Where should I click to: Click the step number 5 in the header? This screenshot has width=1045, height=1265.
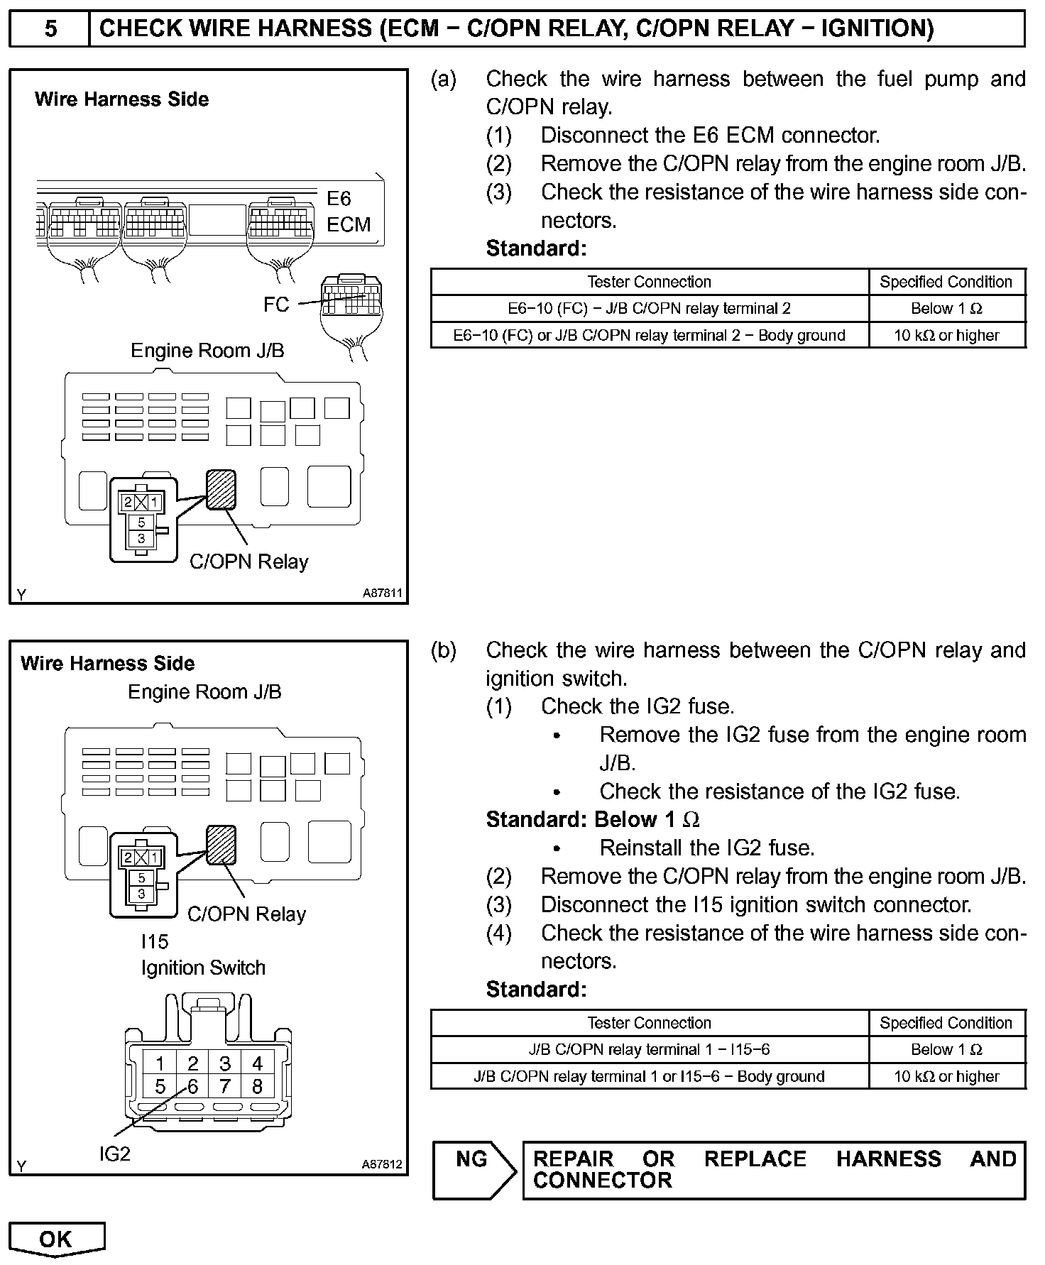tap(50, 29)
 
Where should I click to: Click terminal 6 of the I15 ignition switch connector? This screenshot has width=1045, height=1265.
tap(192, 1086)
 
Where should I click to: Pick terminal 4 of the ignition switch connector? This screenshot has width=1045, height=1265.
tap(257, 1063)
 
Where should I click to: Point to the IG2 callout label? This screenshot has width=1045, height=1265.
tap(114, 1154)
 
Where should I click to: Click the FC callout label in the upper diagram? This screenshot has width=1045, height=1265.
tap(276, 305)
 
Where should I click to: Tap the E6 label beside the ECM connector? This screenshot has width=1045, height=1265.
tap(339, 199)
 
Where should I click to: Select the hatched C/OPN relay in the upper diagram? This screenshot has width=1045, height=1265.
tap(221, 489)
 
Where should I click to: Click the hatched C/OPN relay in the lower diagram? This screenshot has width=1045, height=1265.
tap(221, 844)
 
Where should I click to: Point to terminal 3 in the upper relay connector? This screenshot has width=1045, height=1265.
tap(141, 539)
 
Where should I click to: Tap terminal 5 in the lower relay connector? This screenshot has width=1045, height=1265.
tap(141, 877)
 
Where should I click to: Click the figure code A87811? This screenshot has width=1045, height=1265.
tap(383, 593)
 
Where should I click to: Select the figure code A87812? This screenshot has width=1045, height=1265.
tap(382, 1165)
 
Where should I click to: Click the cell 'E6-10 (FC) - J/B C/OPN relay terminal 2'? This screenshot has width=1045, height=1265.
tap(649, 309)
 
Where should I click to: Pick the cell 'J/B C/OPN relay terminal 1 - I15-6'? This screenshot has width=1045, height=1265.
tap(649, 1050)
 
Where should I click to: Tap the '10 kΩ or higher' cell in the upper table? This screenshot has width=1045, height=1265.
tap(946, 335)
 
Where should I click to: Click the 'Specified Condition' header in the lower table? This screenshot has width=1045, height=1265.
tap(946, 1023)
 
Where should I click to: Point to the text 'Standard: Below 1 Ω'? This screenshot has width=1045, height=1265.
tap(593, 820)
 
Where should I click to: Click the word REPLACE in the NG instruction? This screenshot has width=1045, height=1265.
tap(755, 1159)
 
